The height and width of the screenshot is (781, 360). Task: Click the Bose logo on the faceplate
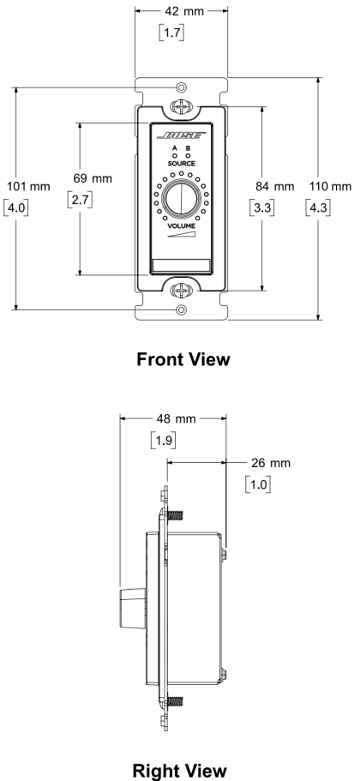pyautogui.click(x=181, y=135)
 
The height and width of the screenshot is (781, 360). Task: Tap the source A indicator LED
pyautogui.click(x=175, y=156)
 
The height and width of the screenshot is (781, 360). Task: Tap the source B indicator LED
pyautogui.click(x=189, y=156)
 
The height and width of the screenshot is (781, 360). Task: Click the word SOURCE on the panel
pyautogui.click(x=181, y=164)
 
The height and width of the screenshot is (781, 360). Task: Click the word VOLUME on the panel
pyautogui.click(x=181, y=225)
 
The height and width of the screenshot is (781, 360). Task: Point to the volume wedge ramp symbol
pyautogui.click(x=181, y=234)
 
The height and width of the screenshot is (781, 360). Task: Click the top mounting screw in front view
pyautogui.click(x=182, y=106)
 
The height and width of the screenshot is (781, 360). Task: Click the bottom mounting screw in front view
pyautogui.click(x=182, y=290)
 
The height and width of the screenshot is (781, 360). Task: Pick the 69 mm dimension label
pyautogui.click(x=93, y=178)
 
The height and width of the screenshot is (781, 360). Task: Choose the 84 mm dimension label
pyautogui.click(x=275, y=186)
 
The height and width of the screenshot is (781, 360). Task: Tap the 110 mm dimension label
pyautogui.click(x=331, y=187)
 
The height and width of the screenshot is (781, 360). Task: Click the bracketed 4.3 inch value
pyautogui.click(x=319, y=207)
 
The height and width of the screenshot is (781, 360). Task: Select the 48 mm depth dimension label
pyautogui.click(x=177, y=419)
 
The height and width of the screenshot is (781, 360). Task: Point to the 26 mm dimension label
pyautogui.click(x=270, y=463)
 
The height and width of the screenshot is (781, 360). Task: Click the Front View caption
pyautogui.click(x=183, y=358)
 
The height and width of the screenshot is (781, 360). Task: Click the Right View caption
pyautogui.click(x=180, y=770)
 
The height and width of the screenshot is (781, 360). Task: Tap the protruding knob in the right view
pyautogui.click(x=133, y=608)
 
